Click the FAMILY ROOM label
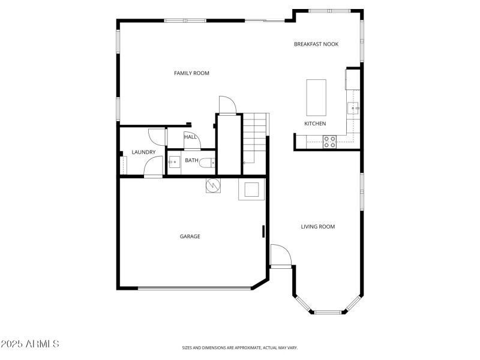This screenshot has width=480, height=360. [191, 73]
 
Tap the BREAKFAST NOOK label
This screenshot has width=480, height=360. [316, 44]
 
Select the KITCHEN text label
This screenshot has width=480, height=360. [315, 124]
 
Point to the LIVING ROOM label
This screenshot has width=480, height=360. [317, 227]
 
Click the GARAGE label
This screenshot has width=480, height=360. [190, 236]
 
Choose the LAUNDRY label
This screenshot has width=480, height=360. [143, 152]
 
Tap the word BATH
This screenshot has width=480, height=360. [191, 161]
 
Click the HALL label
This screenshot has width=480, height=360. [191, 137]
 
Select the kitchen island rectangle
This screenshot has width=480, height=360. [316, 97]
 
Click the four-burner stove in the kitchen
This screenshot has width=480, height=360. [329, 142]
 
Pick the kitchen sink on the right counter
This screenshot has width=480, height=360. [353, 108]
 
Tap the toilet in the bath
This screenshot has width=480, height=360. [206, 162]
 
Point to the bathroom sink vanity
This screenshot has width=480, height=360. [173, 161]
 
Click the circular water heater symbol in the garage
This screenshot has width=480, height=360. [212, 186]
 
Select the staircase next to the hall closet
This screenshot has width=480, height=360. [254, 139]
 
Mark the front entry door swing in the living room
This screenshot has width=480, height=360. [280, 255]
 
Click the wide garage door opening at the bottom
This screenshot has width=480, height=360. [194, 289]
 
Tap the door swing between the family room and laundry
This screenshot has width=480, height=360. [156, 137]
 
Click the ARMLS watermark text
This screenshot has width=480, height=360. [30, 344]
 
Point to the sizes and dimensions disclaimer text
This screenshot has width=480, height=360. [239, 347]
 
